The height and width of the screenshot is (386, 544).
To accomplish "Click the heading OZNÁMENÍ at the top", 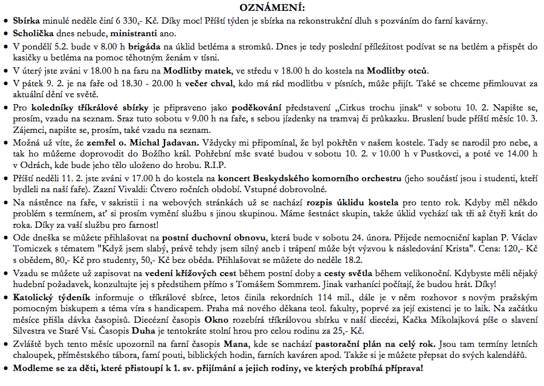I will pyautogui.click(x=272, y=7).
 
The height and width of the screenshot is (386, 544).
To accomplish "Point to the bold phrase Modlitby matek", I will pyautogui.click(x=197, y=71).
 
